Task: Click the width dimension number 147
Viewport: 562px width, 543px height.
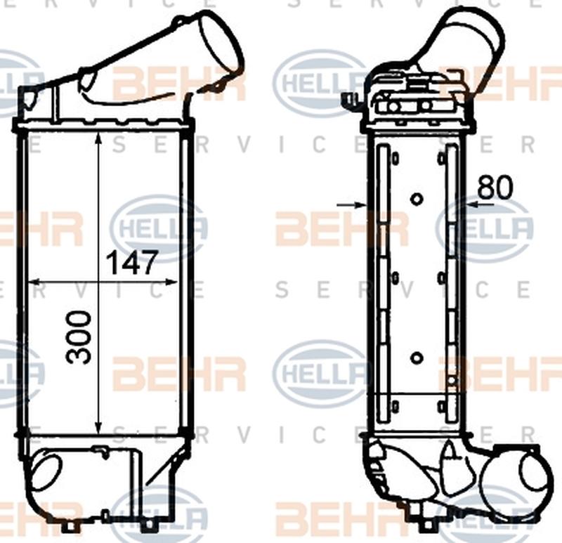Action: click(x=130, y=263)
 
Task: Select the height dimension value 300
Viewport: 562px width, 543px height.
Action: click(x=80, y=337)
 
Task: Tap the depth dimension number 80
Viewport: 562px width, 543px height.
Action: click(x=496, y=187)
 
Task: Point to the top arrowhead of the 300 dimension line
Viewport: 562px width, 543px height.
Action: click(x=99, y=138)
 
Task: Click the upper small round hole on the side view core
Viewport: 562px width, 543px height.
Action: click(x=417, y=199)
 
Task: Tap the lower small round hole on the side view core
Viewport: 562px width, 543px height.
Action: click(x=417, y=358)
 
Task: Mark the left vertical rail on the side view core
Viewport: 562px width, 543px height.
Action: click(x=382, y=277)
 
